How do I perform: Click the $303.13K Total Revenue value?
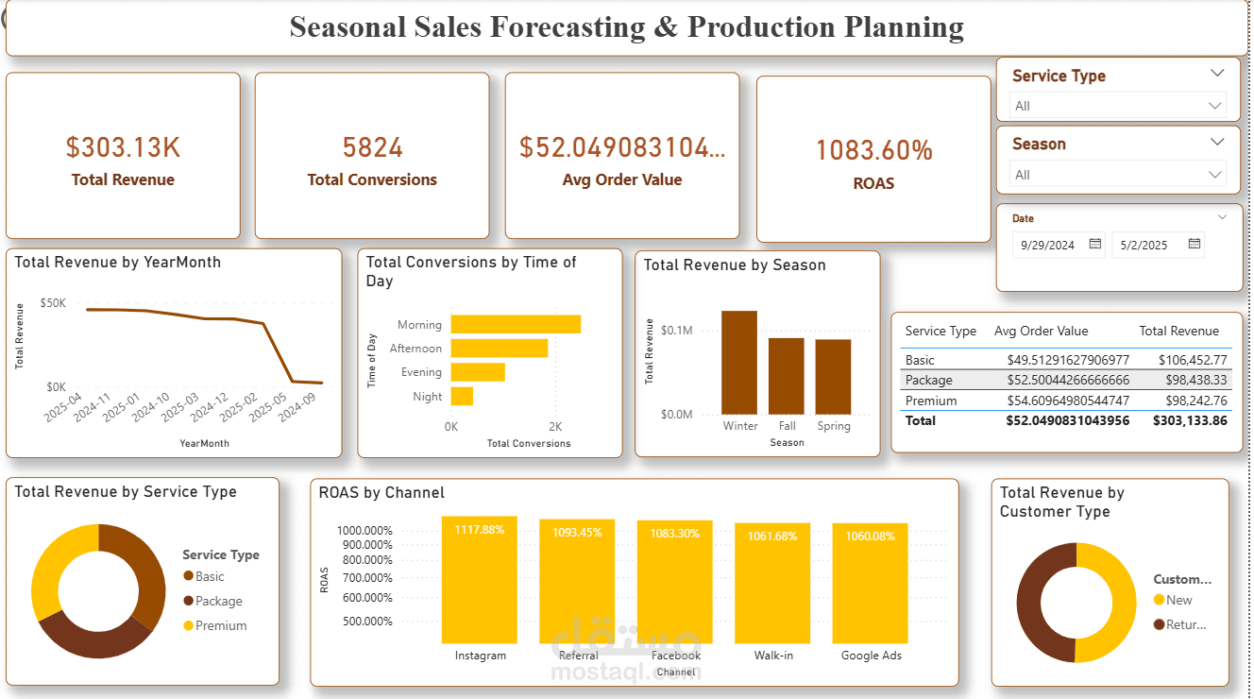[123, 147]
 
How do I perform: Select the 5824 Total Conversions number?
[372, 147]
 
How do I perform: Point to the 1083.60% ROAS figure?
[873, 150]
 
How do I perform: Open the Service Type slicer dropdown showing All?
[1118, 106]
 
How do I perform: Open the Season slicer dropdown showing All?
[1118, 175]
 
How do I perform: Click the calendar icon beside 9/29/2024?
[1095, 244]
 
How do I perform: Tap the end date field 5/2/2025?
[1144, 245]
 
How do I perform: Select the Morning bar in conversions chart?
[516, 324]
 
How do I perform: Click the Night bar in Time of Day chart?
[462, 397]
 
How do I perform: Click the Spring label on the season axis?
[834, 426]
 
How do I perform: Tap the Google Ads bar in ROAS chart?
[870, 582]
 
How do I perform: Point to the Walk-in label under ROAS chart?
[773, 656]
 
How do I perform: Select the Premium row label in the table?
[931, 401]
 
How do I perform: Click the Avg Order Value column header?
[1041, 331]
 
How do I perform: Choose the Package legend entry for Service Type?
[218, 601]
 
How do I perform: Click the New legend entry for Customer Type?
[1178, 600]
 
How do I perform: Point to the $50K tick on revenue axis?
[53, 303]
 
